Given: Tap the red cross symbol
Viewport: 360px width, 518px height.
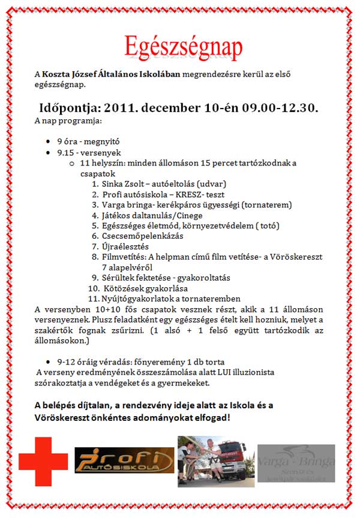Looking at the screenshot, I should (x=43, y=462).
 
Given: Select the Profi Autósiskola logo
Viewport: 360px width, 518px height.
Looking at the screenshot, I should (x=124, y=460).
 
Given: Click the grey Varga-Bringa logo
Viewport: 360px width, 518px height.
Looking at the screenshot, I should (x=296, y=463).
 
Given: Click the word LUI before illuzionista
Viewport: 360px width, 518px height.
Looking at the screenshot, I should (x=230, y=372).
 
